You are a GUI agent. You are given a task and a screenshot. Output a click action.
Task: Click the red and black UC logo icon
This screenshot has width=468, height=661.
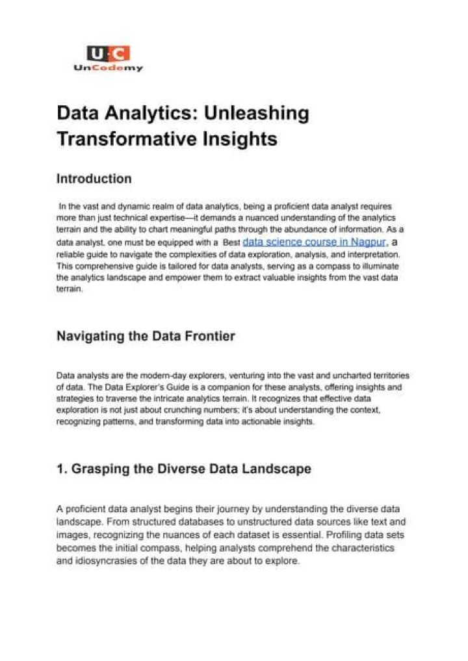[x=108, y=53]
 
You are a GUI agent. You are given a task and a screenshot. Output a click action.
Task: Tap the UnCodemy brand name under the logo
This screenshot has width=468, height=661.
[x=108, y=68]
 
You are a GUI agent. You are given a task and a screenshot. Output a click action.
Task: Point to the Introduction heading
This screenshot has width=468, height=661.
[x=94, y=179]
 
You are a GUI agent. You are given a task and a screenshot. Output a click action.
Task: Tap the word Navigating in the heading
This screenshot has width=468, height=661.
[x=91, y=336]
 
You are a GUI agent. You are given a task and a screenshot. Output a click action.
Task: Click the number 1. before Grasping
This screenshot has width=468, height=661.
[x=62, y=469]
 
